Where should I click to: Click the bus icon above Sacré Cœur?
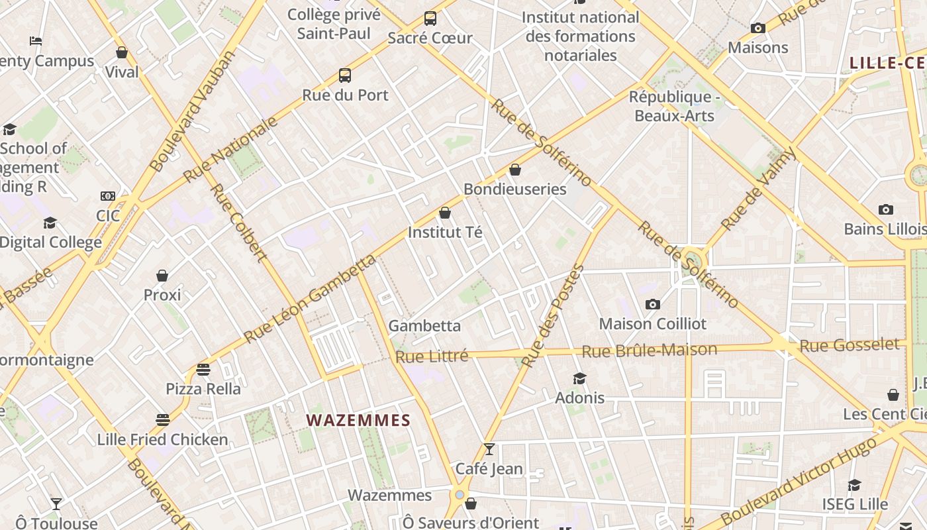(x=430, y=19)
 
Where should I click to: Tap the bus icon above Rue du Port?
(x=345, y=76)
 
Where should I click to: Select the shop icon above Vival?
(x=122, y=52)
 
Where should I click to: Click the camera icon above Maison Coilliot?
(x=653, y=304)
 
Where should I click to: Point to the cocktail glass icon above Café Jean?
(x=489, y=449)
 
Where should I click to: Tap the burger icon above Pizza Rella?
(x=203, y=369)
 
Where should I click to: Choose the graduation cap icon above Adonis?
(x=580, y=378)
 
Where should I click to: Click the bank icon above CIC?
(x=108, y=196)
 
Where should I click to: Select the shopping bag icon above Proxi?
(x=162, y=276)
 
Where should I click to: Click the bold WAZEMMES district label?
(x=358, y=420)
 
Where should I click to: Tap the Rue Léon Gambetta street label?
(x=310, y=299)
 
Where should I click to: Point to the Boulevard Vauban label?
(x=193, y=111)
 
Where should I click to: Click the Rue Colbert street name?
(x=238, y=222)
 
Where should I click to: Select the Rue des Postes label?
(x=553, y=316)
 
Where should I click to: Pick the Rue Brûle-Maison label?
(x=649, y=350)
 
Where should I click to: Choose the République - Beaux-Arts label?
(x=674, y=106)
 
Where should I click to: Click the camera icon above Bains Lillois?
(x=886, y=210)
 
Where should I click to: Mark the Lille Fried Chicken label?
(x=162, y=439)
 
